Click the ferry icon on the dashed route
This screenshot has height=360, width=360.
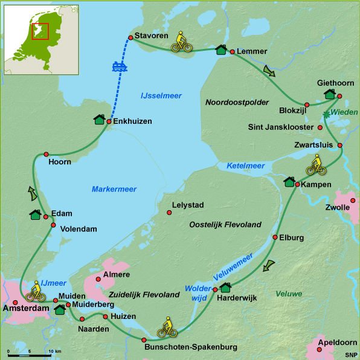pyautogui.click(x=119, y=66)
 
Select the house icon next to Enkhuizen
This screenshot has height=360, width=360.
pyautogui.click(x=99, y=120)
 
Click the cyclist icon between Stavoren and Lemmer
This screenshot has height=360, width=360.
pyautogui.click(x=182, y=42)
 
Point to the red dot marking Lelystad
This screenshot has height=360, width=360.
pyautogui.click(x=169, y=212)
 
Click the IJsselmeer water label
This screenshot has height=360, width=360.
pyautogui.click(x=161, y=96)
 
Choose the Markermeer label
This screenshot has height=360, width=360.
pyautogui.click(x=114, y=189)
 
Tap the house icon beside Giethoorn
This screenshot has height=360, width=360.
pyautogui.click(x=330, y=94)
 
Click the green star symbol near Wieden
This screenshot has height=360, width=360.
pyautogui.click(x=327, y=114)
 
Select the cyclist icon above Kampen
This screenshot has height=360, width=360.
pyautogui.click(x=316, y=164)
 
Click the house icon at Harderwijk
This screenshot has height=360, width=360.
pyautogui.click(x=226, y=288)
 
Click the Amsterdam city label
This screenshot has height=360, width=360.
pyautogui.click(x=25, y=309)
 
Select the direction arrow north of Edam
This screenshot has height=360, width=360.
pyautogui.click(x=31, y=193)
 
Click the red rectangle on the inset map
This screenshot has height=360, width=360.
pyautogui.click(x=40, y=31)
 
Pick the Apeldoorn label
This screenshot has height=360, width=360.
pyautogui.click(x=334, y=342)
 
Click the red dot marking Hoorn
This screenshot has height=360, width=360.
pyautogui.click(x=47, y=153)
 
